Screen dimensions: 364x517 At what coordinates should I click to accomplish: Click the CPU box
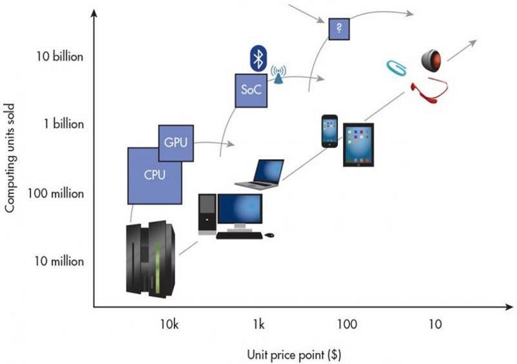(x=154, y=175)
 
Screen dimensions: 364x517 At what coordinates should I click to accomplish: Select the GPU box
(x=176, y=142)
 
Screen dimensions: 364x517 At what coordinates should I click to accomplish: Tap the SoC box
(x=250, y=91)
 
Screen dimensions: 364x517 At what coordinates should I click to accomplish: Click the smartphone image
(x=330, y=132)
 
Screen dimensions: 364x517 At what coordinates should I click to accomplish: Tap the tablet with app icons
(x=358, y=145)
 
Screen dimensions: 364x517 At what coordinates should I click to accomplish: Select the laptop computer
(x=260, y=174)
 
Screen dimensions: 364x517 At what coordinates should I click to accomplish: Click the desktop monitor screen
(x=240, y=208)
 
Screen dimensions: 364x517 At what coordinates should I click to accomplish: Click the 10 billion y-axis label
(x=59, y=56)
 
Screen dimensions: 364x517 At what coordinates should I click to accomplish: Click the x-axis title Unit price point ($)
(x=293, y=354)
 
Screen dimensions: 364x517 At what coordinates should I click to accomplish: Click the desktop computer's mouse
(x=269, y=235)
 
